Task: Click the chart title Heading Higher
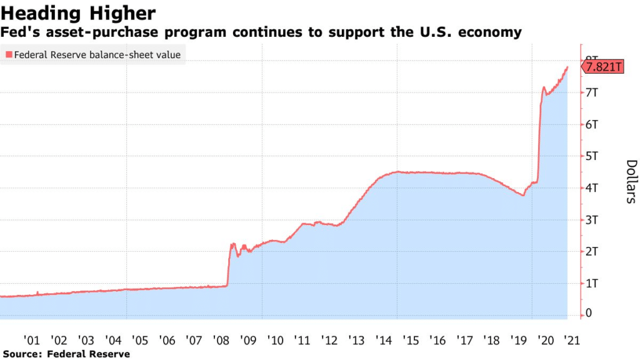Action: click(79, 12)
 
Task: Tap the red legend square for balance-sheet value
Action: click(7, 55)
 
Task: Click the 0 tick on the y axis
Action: click(589, 314)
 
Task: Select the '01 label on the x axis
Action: click(32, 341)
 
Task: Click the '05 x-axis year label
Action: click(140, 341)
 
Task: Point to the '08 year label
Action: click(221, 341)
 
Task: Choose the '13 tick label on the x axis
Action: click(356, 341)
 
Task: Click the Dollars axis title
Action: click(631, 181)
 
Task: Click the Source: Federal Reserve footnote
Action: click(66, 354)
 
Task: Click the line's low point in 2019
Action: click(523, 196)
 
